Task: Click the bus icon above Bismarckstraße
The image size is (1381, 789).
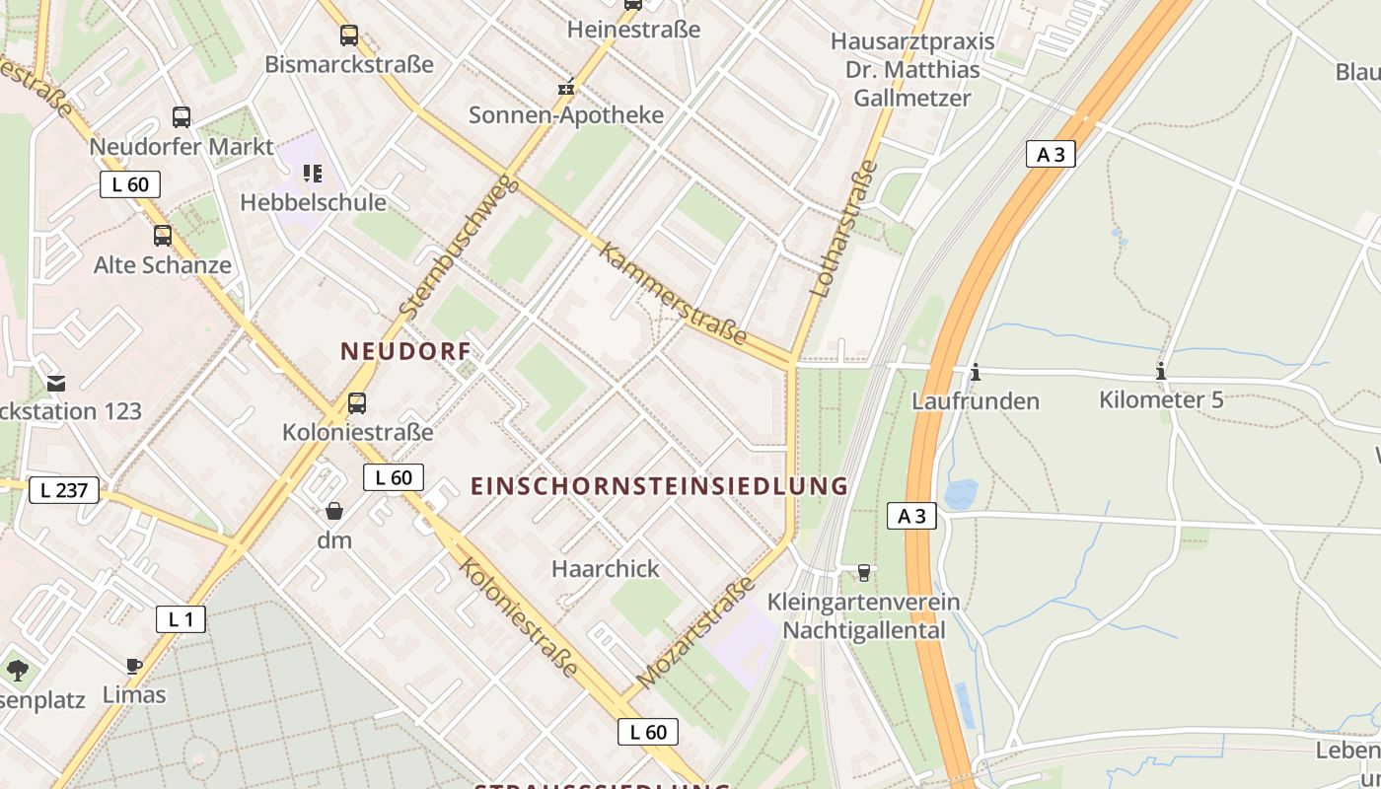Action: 349,36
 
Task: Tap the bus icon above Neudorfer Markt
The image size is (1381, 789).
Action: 182,117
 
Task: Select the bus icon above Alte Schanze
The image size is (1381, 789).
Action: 163,236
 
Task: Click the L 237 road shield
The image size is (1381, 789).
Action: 64,489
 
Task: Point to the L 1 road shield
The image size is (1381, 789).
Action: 181,619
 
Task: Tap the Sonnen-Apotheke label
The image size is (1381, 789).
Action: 566,114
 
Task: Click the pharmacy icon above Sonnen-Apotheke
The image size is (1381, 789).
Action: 566,88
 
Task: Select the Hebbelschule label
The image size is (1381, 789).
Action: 314,202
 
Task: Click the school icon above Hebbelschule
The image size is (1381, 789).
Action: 313,175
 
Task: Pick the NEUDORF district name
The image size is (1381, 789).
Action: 405,351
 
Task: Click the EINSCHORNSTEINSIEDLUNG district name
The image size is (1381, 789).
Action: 659,486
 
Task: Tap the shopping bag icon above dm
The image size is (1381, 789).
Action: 334,511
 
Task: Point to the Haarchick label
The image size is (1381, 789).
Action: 606,569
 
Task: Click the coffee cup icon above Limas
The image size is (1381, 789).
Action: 134,667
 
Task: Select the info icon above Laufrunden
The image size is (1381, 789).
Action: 976,372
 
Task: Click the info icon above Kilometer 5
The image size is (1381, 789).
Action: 1161,371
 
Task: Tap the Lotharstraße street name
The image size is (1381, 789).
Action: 844,228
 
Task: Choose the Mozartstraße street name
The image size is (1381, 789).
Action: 696,632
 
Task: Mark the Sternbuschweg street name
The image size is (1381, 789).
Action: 459,246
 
